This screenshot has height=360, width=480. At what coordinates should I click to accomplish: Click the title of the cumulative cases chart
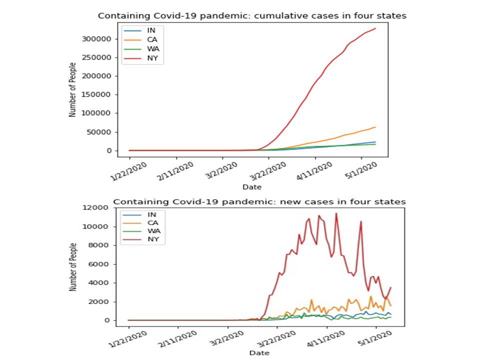click(x=252, y=15)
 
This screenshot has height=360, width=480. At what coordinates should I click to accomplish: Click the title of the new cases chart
click(x=259, y=201)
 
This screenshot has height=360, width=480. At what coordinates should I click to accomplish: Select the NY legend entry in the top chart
click(x=152, y=59)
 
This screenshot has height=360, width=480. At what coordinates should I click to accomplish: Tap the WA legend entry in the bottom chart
click(x=152, y=231)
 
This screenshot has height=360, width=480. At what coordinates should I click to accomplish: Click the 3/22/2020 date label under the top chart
click(x=267, y=171)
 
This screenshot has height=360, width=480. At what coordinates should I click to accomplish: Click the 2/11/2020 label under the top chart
click(x=175, y=171)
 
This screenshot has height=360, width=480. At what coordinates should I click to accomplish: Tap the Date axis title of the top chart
click(x=251, y=187)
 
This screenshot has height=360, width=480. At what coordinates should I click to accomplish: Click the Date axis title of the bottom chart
click(x=259, y=352)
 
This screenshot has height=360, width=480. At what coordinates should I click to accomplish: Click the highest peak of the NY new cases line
click(x=336, y=213)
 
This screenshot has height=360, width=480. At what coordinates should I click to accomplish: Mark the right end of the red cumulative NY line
click(x=375, y=28)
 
